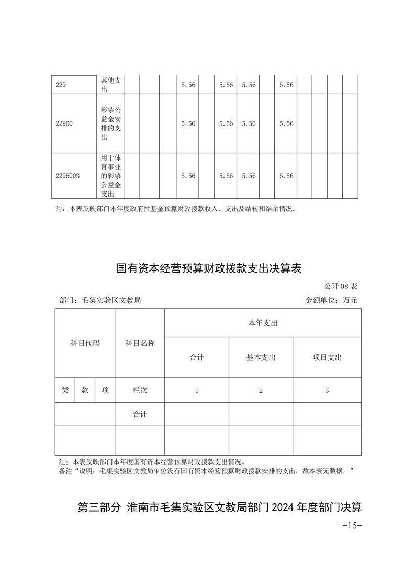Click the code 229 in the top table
click(61, 85)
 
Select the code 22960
click(64, 124)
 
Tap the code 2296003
click(68, 176)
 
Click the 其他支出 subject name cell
click(111, 85)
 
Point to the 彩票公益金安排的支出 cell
click(111, 124)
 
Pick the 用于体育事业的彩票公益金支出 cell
click(111, 176)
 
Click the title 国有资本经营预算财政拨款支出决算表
click(209, 269)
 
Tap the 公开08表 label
click(340, 286)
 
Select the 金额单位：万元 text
click(331, 300)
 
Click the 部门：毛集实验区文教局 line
click(100, 300)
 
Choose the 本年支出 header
click(263, 323)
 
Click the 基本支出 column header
click(261, 358)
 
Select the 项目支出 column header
click(327, 358)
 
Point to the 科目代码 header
click(85, 343)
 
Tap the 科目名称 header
click(140, 343)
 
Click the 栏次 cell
click(140, 390)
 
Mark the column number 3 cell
click(327, 390)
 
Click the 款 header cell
click(85, 390)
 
